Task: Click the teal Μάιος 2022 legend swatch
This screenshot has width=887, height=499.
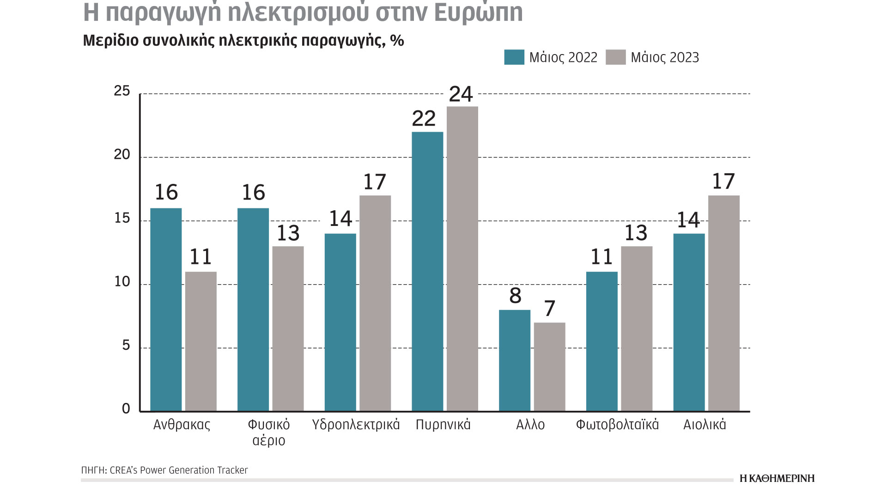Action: click(x=514, y=57)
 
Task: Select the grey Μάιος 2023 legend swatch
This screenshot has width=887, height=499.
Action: click(x=615, y=57)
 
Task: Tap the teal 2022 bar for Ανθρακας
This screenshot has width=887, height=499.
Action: click(x=166, y=310)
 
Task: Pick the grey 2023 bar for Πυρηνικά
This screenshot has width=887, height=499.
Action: click(x=462, y=259)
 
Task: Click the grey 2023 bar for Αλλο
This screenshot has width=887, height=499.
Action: click(x=549, y=367)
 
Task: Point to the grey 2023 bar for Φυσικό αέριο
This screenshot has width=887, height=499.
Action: click(x=288, y=329)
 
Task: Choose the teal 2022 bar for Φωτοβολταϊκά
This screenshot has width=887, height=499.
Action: click(x=601, y=341)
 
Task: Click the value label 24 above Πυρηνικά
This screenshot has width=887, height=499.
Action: click(x=461, y=94)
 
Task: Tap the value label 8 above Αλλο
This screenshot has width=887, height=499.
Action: click(x=515, y=296)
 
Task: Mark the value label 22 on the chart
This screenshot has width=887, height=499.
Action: click(x=424, y=119)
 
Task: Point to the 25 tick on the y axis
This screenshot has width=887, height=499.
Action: click(x=122, y=91)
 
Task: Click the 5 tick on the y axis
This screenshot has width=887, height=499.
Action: click(x=126, y=346)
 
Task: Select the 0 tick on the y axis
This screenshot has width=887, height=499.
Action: click(x=126, y=409)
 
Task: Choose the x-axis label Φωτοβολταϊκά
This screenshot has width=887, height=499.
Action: click(x=617, y=425)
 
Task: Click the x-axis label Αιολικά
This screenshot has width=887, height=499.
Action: click(x=705, y=425)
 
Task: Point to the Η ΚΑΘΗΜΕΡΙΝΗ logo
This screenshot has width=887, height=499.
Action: click(x=777, y=478)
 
